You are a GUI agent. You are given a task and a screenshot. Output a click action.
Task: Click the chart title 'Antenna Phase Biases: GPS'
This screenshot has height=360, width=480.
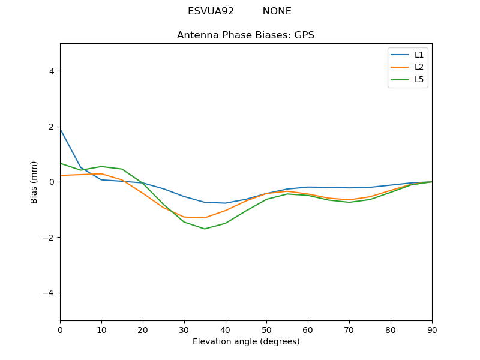click(x=245, y=35)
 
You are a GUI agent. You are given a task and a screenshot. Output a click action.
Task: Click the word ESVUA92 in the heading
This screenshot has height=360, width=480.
click(x=211, y=11)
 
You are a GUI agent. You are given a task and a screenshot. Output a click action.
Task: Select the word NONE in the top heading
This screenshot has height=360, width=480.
click(x=277, y=11)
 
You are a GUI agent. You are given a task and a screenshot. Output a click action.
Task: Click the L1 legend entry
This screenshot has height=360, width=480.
click(x=419, y=55)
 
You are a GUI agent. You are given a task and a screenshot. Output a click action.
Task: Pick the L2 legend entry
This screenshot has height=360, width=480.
click(x=419, y=67)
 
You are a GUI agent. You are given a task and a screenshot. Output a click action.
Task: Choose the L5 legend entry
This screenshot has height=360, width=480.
click(x=419, y=79)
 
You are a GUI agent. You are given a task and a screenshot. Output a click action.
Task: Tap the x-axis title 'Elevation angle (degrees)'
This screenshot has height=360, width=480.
click(x=246, y=342)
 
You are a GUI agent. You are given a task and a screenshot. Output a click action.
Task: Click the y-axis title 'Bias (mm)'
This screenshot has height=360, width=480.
click(x=34, y=182)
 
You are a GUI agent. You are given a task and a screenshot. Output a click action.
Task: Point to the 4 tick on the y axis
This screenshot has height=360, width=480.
click(x=51, y=71)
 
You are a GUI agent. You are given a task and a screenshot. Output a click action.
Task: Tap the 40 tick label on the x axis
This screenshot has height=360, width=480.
click(x=226, y=329)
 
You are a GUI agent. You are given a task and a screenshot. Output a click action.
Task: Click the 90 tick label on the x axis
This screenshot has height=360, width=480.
click(x=432, y=329)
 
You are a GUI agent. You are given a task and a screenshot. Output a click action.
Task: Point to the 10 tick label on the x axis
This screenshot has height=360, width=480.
click(x=101, y=329)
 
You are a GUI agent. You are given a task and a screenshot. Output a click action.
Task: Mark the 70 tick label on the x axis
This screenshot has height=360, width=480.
click(x=349, y=329)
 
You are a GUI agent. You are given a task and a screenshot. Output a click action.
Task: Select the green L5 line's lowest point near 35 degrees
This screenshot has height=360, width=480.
click(x=205, y=229)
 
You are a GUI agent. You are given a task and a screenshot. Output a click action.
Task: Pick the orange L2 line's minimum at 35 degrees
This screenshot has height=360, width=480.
click(x=205, y=218)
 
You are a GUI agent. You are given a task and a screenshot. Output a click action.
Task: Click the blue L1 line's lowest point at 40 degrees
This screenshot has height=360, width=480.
click(x=226, y=203)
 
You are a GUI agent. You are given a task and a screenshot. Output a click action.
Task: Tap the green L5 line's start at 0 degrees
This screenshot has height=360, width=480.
click(x=61, y=163)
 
